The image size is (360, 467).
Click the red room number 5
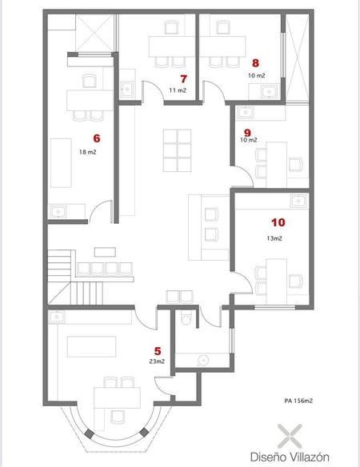point(158,351)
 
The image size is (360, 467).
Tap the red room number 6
point(97,138)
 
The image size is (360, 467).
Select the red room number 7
point(183,78)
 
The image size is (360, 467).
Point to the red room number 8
point(255,63)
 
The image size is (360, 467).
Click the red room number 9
point(247,133)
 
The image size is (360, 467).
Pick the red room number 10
point(278,222)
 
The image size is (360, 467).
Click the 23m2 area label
point(157,361)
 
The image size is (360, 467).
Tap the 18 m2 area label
point(88,152)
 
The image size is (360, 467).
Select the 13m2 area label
point(274,238)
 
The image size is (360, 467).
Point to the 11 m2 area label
point(178,90)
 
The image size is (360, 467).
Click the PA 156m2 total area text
point(298,401)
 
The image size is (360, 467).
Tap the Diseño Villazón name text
point(290,457)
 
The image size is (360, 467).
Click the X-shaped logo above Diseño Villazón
point(290,437)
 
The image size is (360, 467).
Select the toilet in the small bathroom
point(186,318)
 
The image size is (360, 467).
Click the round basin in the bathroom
point(202,361)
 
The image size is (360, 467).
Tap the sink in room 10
point(298,202)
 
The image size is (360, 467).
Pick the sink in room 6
point(58,211)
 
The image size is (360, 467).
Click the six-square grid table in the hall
point(178,150)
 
